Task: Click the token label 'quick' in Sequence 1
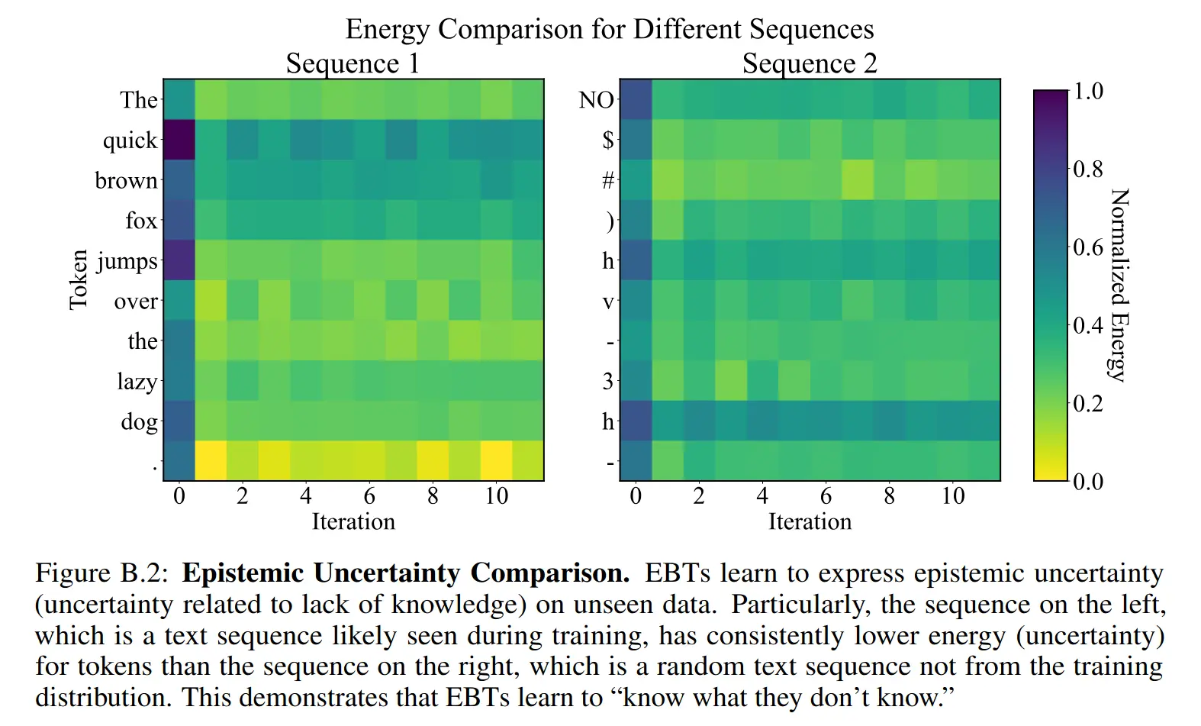pos(130,140)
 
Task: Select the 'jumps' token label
pos(127,262)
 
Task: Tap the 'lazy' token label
pos(137,381)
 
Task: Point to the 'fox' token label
pos(141,221)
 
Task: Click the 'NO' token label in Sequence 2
pos(596,100)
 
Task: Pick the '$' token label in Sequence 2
pos(607,140)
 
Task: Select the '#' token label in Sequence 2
pos(607,181)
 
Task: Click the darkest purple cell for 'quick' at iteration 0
pos(179,140)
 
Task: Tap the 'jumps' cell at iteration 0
pos(179,260)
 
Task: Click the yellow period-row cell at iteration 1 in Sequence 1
pos(211,461)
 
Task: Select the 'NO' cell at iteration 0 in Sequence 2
pos(636,99)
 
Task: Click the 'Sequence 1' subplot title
pos(353,63)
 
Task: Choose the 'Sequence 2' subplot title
pos(810,63)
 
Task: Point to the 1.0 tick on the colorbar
pos(1087,92)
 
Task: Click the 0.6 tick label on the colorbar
pos(1087,247)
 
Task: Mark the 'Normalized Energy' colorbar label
pos(1119,285)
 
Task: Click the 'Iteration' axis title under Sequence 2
pos(810,522)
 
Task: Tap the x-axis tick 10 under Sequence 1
pos(496,496)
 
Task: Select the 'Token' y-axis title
pos(79,279)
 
